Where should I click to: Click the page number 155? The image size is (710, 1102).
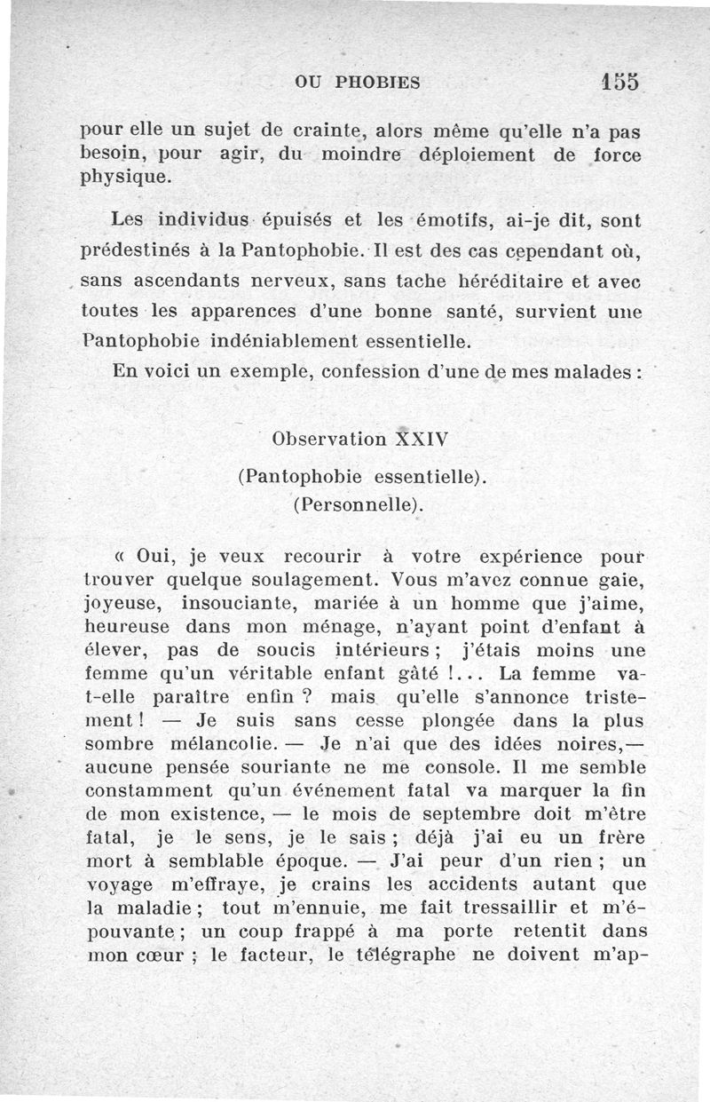point(619,81)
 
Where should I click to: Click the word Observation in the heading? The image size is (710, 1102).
point(330,439)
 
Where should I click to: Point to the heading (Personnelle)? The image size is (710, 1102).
point(356,505)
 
